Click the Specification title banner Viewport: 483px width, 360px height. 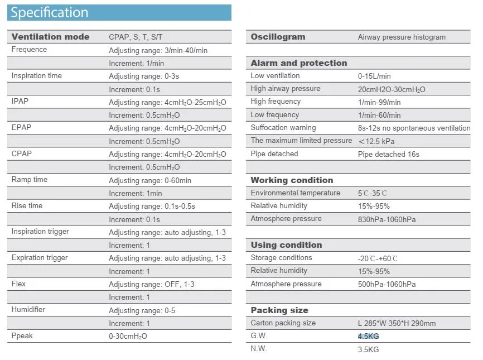coord(119,12)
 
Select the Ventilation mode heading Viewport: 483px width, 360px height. coord(50,37)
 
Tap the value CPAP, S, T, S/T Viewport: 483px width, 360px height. coord(136,37)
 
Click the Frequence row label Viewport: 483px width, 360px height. coord(29,50)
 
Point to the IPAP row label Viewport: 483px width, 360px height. coord(20,102)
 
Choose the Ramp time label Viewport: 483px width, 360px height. coord(29,180)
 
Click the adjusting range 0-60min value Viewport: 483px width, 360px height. coord(150,180)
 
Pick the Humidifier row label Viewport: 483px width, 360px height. coord(28,310)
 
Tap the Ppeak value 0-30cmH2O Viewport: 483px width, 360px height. coord(128,337)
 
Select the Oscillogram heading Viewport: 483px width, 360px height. coord(278,37)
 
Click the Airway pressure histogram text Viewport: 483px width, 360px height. coord(402,37)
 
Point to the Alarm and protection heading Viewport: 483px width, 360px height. coord(298,63)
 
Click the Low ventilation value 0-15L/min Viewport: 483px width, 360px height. coord(374,76)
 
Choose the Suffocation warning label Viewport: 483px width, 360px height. coord(283,128)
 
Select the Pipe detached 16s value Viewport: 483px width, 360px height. coord(388,154)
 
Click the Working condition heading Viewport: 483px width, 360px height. coord(292,180)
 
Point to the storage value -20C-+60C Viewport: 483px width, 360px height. coord(378,258)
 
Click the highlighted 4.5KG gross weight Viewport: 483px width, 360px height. coord(368,337)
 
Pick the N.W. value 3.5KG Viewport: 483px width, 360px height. coord(368,350)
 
